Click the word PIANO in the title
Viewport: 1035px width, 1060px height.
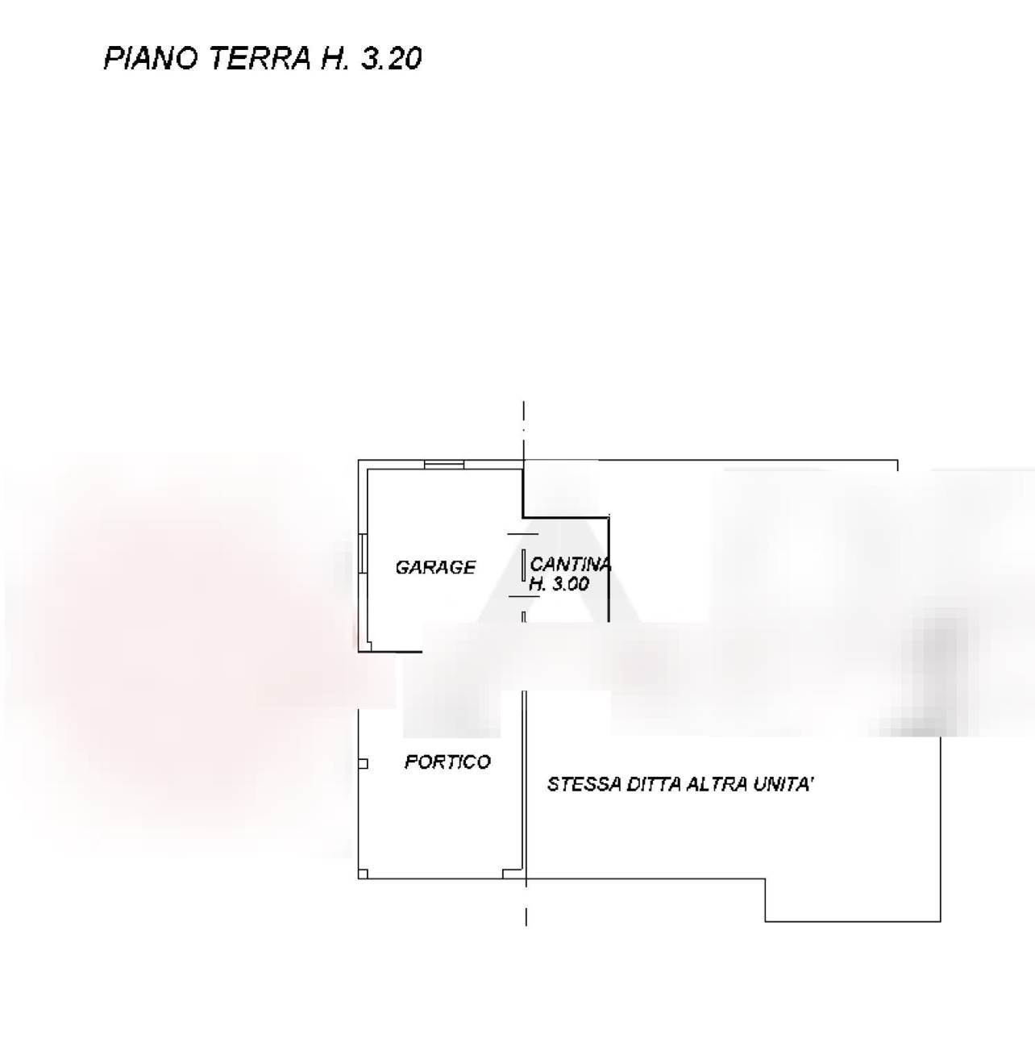(151, 58)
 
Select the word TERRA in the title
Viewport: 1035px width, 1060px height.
(260, 58)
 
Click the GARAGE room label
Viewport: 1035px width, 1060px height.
(435, 568)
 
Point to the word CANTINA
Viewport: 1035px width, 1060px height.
(570, 565)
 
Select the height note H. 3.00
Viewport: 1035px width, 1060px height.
(559, 584)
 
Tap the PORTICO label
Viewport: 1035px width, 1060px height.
(447, 762)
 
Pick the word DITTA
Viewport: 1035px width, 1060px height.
(654, 785)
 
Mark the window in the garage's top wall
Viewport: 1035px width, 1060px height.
(444, 465)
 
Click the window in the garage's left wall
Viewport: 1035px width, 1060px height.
(363, 553)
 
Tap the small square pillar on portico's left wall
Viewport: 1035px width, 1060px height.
(363, 764)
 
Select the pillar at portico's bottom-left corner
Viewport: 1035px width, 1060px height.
(363, 874)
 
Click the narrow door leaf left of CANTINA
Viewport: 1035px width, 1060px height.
(523, 564)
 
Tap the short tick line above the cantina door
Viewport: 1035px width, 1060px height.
(523, 534)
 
